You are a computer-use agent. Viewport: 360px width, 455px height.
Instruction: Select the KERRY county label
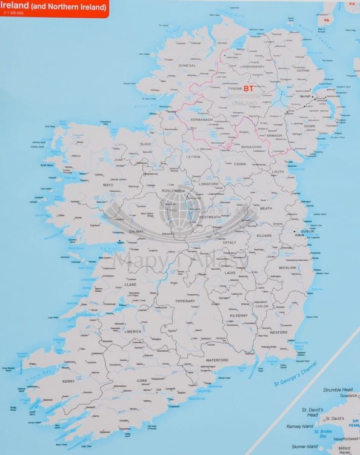68,381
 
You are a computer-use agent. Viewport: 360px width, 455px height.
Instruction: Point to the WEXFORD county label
279,332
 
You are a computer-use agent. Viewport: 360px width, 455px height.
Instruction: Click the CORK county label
142,380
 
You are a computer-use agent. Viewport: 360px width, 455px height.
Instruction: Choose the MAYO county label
108,184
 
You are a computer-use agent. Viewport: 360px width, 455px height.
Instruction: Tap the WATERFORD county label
217,360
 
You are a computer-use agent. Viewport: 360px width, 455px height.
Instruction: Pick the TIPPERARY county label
185,301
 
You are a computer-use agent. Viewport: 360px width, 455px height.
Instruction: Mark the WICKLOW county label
288,268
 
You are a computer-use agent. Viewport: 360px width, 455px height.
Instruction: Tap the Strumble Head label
338,389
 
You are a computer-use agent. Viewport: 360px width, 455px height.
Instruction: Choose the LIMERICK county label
133,331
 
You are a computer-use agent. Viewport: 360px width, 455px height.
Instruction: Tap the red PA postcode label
326,20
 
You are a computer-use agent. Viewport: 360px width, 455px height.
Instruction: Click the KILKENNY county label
239,315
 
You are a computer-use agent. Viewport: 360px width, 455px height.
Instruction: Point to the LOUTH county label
278,172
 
